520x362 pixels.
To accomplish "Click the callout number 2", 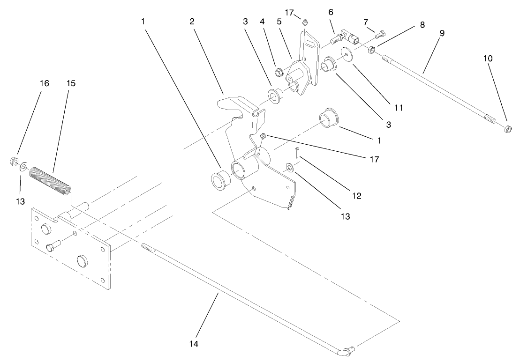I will click(192, 22).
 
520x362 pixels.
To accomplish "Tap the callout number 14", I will click(194, 344).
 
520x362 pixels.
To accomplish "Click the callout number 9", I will click(442, 33).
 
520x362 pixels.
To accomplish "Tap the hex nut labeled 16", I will click(14, 162).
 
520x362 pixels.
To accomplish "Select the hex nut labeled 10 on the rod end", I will click(507, 128).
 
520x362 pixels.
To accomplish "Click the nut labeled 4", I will click(278, 72).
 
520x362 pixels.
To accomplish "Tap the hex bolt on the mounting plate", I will click(52, 246).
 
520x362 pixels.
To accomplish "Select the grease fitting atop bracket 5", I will click(304, 22).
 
